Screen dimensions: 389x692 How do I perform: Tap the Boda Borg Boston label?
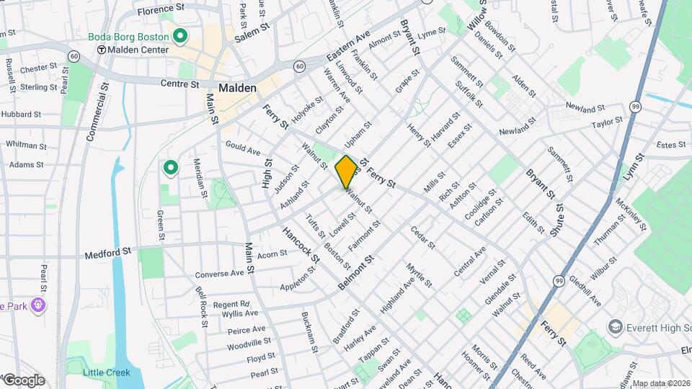(128, 36)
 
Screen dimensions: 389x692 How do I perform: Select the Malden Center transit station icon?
(102, 50)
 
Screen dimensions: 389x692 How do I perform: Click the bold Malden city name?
(236, 87)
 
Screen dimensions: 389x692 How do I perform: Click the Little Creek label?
(106, 372)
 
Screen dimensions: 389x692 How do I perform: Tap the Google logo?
(24, 380)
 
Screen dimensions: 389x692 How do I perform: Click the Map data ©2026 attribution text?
(661, 383)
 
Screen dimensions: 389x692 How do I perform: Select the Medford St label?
(108, 253)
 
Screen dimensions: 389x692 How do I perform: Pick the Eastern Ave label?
(347, 45)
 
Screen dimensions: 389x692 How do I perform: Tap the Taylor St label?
(607, 124)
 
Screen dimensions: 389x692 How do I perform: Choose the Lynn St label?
(633, 166)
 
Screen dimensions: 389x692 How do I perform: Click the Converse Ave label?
(220, 274)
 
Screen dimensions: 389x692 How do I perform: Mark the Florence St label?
(161, 11)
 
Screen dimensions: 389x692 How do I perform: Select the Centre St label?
(179, 84)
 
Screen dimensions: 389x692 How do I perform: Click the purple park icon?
(37, 305)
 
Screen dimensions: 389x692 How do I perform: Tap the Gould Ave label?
(242, 148)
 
